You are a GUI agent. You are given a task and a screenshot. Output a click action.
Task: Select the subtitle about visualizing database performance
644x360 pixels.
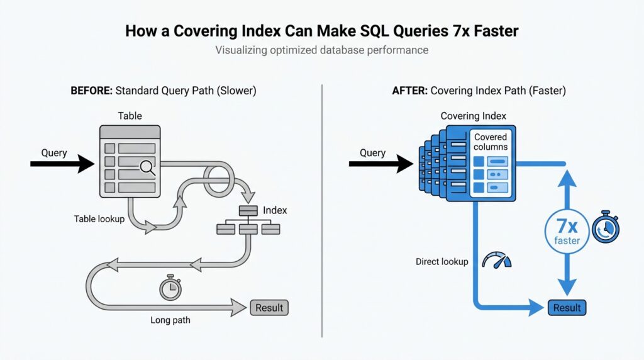pyautogui.click(x=321, y=50)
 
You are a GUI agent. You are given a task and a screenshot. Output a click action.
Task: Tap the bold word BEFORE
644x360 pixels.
pyautogui.click(x=91, y=91)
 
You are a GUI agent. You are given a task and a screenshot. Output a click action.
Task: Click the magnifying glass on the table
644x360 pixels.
pyautogui.click(x=147, y=167)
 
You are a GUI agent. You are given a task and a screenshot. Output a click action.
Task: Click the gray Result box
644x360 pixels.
pyautogui.click(x=269, y=308)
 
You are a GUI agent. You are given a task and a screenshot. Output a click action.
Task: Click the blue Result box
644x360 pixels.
pyautogui.click(x=567, y=308)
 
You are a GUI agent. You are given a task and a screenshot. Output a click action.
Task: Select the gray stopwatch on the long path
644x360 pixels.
pyautogui.click(x=170, y=289)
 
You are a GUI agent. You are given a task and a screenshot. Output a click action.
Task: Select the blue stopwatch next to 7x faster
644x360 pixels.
pyautogui.click(x=605, y=227)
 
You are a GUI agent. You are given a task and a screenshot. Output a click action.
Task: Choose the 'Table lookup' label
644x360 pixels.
pyautogui.click(x=99, y=220)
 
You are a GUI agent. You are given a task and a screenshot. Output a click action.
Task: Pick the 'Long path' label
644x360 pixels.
pyautogui.click(x=170, y=320)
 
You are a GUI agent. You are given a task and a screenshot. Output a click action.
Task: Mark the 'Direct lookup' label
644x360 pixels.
pyautogui.click(x=441, y=261)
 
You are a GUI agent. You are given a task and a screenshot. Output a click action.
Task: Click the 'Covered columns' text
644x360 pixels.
pyautogui.click(x=491, y=142)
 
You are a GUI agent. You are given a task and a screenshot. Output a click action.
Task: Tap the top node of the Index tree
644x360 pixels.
pyautogui.click(x=247, y=210)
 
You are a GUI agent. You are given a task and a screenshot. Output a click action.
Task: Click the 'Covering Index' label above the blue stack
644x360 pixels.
pyautogui.click(x=473, y=116)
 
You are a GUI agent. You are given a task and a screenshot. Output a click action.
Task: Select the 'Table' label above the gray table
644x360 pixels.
pyautogui.click(x=130, y=116)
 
